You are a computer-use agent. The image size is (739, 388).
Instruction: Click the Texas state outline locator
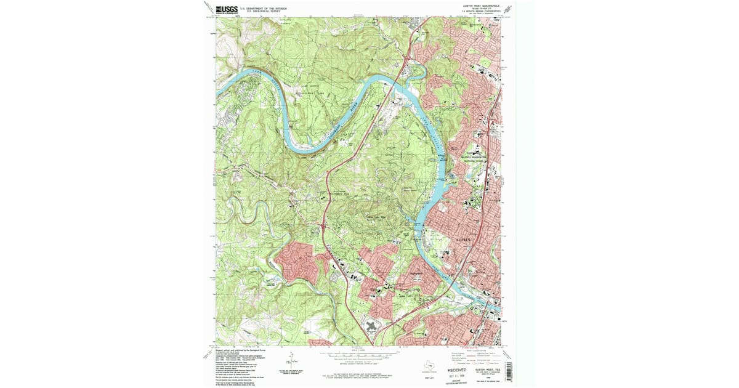pyautogui.click(x=427, y=363)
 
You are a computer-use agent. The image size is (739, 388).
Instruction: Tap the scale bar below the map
pyautogui.click(x=360, y=355)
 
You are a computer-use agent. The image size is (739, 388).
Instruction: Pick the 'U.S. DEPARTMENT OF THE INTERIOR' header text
pyautogui.click(x=266, y=8)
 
